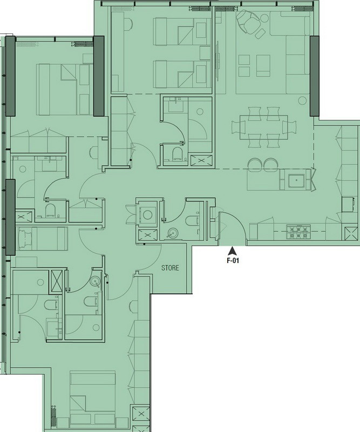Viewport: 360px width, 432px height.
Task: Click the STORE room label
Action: coord(170,268)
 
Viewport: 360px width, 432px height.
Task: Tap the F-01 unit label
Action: coord(233,260)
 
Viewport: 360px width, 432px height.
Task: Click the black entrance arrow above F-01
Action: coord(233,251)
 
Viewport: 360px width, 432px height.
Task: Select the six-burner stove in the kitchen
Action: coord(298,232)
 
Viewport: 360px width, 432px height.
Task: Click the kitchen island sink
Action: coord(296,180)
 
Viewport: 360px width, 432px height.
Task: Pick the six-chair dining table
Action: coord(263,127)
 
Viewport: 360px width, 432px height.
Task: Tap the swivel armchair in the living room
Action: coord(249,21)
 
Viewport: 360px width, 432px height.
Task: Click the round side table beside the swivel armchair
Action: coord(264,18)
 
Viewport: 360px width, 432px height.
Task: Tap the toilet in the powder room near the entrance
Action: coord(192,221)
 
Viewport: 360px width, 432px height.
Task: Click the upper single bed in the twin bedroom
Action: coord(180,32)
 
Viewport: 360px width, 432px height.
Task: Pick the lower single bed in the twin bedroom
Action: coord(180,74)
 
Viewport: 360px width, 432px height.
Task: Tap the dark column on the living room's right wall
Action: coord(315,76)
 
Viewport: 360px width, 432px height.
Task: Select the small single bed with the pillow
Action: coord(42,239)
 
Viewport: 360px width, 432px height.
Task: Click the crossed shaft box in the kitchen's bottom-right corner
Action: coord(351,233)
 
